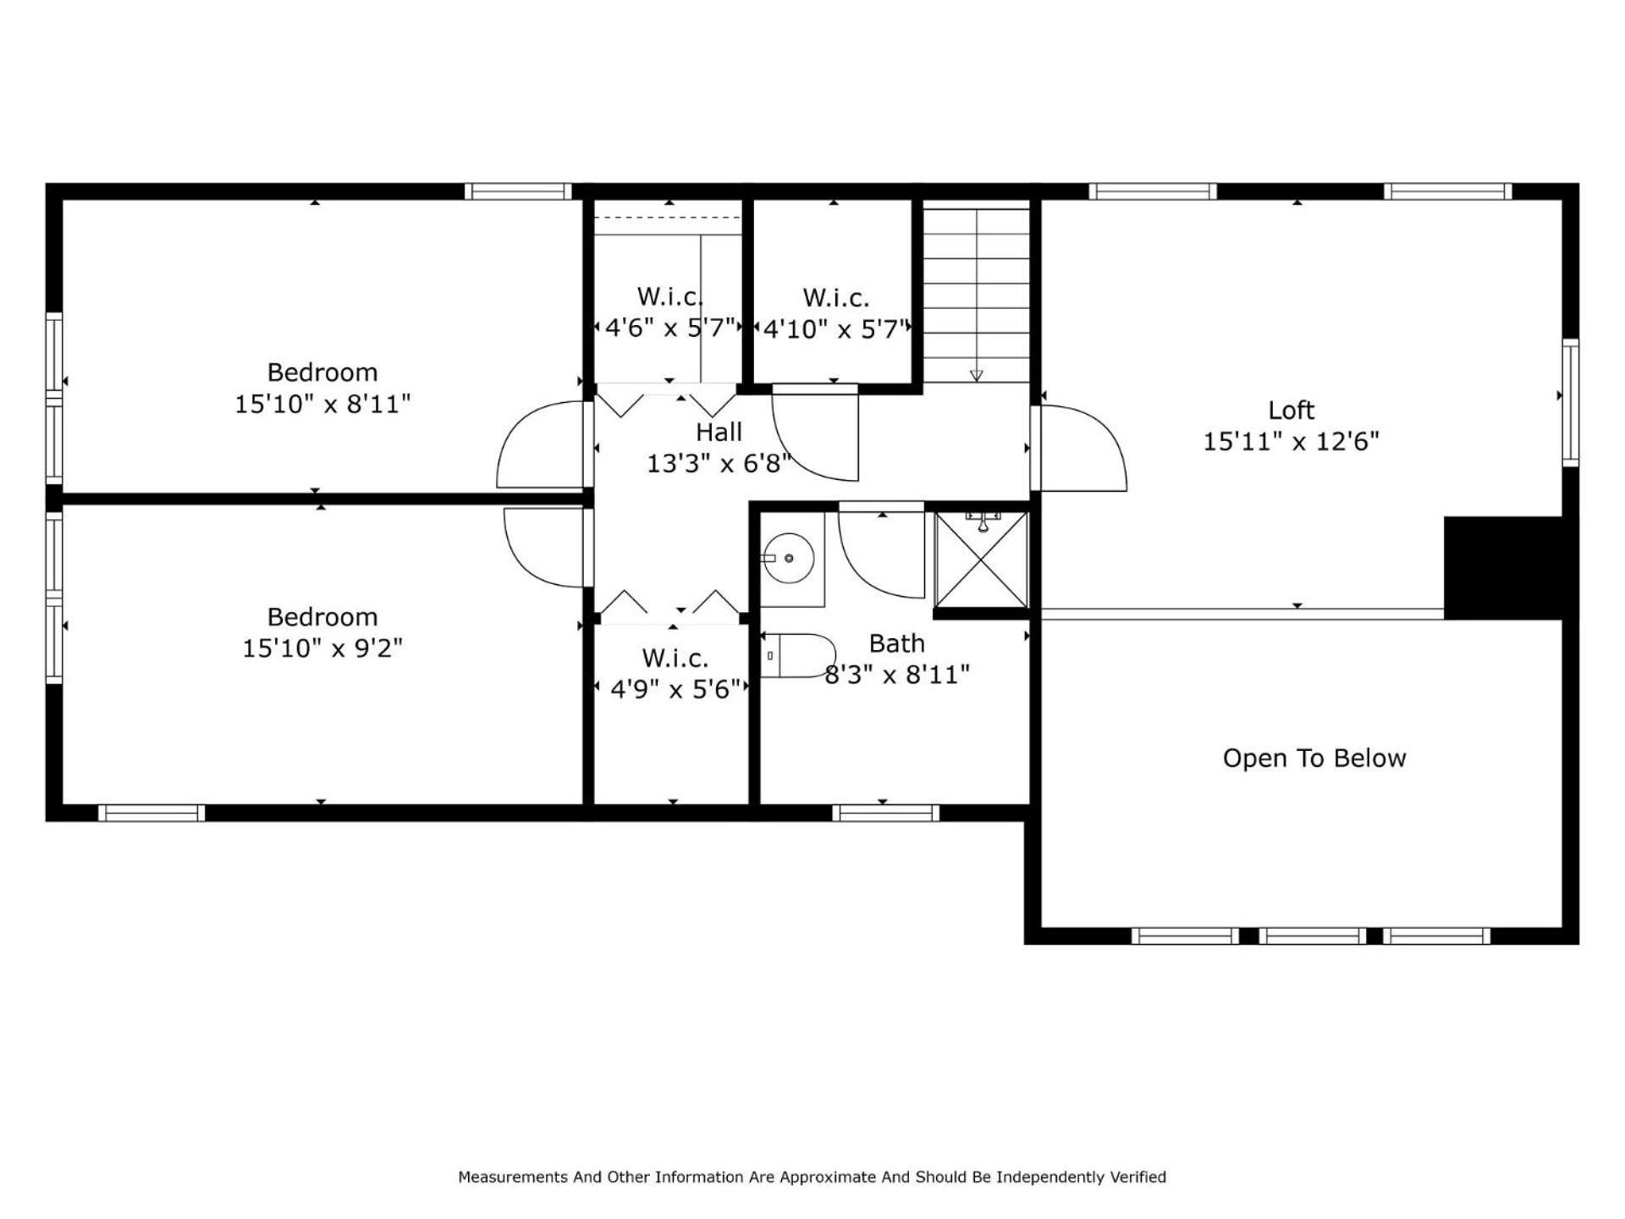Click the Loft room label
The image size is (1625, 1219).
point(1291,411)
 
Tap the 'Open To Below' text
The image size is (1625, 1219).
point(1314,758)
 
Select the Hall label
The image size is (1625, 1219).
point(719,433)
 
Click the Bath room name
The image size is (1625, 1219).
point(896,643)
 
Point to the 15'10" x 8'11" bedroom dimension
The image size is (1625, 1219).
point(322,404)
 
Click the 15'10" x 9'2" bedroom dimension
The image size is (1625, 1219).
point(322,648)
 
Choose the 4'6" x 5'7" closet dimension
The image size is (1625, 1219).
point(669,328)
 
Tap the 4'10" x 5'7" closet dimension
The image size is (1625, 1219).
point(835,328)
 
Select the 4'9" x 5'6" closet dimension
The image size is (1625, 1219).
point(675,689)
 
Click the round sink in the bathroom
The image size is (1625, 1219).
point(788,559)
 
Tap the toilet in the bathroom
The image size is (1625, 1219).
point(798,656)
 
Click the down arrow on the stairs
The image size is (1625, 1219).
point(976,375)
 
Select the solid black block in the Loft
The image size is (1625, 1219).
point(1502,567)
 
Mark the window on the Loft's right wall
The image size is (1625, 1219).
point(1571,402)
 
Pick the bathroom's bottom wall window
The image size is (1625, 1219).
point(886,813)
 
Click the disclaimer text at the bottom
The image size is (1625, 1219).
point(812,1177)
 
